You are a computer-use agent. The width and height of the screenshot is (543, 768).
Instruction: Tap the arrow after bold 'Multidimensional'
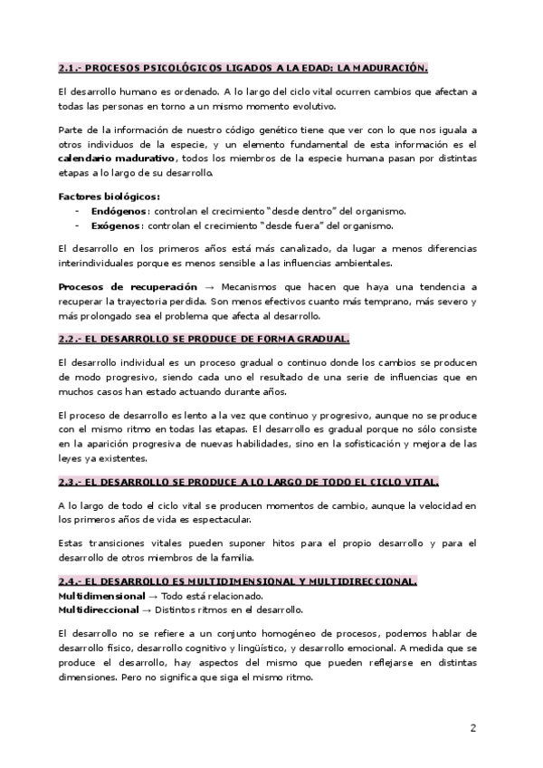click(154, 596)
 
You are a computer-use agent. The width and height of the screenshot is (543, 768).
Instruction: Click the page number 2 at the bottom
click(473, 726)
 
